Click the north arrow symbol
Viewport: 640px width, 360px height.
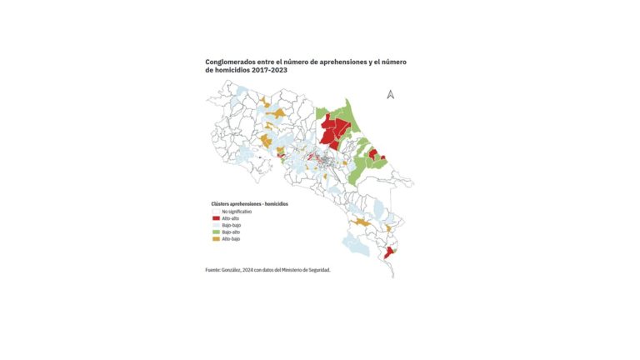coord(390,94)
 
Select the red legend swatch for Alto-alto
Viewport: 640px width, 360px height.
coord(216,218)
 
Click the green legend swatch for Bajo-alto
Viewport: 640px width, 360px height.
coord(216,232)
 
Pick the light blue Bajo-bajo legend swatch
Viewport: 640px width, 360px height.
coord(216,225)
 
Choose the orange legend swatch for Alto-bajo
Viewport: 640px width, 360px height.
coord(216,239)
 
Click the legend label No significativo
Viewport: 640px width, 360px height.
coord(237,212)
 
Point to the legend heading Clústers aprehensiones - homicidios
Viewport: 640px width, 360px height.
coord(249,204)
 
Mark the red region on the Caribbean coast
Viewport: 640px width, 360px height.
coord(374,154)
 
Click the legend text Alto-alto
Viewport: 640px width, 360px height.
coord(231,218)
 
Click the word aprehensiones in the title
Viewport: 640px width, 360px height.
coord(337,62)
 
